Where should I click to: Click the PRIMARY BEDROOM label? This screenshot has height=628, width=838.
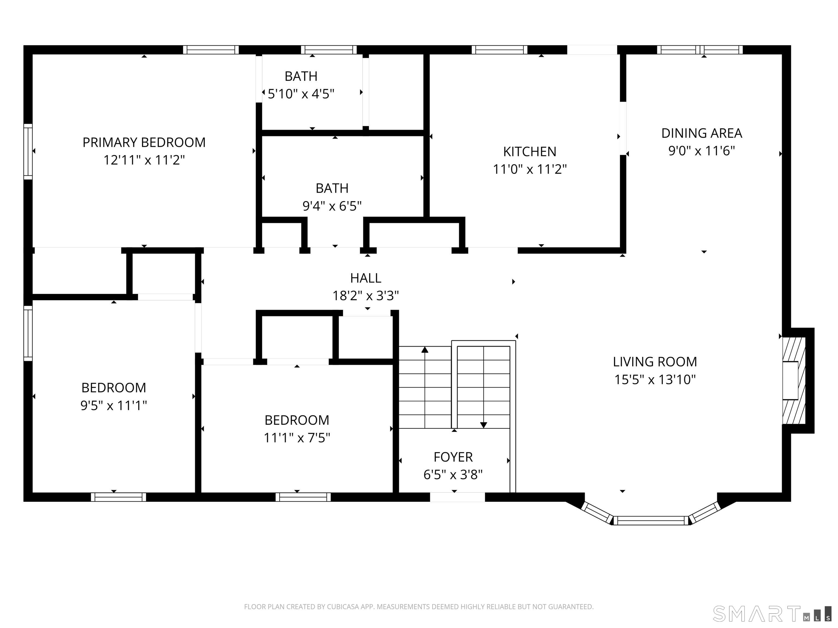pos(144,142)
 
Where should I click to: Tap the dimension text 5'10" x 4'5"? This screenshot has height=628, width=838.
pos(301,93)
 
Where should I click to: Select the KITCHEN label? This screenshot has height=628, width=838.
pos(530,152)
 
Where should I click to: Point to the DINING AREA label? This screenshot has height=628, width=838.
pos(702,133)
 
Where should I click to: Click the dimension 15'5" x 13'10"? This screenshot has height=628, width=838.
pos(655,379)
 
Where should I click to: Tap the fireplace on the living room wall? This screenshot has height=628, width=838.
pos(794,381)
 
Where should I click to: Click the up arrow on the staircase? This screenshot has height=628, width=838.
pos(425,350)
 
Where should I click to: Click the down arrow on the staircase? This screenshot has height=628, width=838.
pos(483,425)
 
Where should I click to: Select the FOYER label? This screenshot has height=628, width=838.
pos(453,457)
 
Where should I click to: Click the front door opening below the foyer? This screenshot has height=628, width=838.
pos(457,497)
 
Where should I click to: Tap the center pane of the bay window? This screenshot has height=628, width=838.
pos(651,521)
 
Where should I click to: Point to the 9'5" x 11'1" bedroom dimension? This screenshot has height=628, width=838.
pos(114,405)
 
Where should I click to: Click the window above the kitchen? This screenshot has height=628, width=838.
pos(499,50)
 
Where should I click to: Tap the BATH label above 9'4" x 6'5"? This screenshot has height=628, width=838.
pos(332,188)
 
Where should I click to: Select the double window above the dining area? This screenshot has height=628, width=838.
pos(700,50)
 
